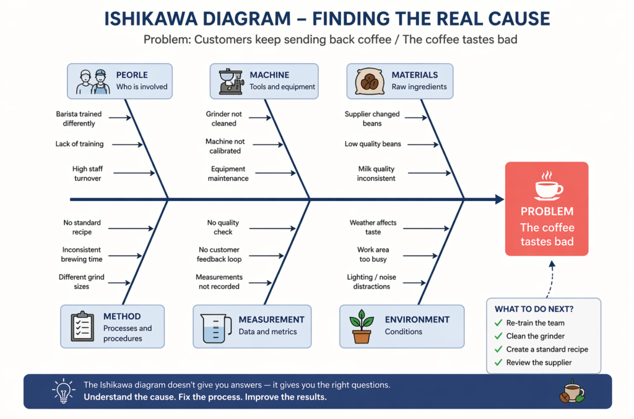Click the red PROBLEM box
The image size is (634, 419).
pos(546,209)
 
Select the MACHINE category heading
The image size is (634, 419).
pos(269,75)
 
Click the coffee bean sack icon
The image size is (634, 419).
pos(370,81)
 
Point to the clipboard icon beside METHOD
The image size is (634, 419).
pos(82,326)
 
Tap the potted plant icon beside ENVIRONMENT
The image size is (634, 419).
pos(361,326)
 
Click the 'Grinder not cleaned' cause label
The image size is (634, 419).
pos(224,119)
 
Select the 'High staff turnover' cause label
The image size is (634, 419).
pos(87,173)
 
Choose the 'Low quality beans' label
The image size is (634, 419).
pos(373,144)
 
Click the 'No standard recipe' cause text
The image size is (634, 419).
pos(82,227)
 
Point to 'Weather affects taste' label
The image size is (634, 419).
pos(373,227)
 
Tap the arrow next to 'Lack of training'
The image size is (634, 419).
pos(128,145)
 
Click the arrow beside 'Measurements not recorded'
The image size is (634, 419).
pos(259,282)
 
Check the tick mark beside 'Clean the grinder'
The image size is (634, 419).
pos(498,336)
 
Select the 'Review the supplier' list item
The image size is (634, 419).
pos(539,363)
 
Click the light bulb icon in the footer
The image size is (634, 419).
pos(63,391)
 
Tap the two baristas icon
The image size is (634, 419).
pos(92,81)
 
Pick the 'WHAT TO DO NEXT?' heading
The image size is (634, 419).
pos(534,309)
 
